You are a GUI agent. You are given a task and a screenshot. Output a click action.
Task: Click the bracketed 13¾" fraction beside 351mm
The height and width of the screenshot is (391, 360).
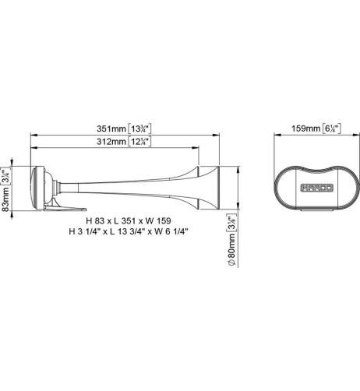click(x=143, y=129)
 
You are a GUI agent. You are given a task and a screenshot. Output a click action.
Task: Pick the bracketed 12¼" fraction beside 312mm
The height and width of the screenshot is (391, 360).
click(x=143, y=142)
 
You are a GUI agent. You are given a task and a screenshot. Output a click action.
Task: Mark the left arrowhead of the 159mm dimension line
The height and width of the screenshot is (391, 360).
click(x=274, y=135)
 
